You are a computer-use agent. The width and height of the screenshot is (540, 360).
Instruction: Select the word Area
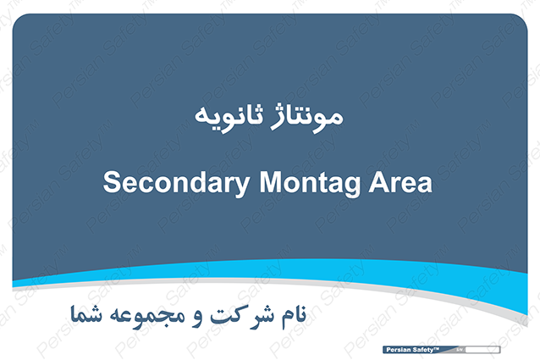(x=400, y=182)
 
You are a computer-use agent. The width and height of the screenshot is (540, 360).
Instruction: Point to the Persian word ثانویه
(x=229, y=116)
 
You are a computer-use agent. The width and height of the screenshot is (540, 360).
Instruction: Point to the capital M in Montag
(x=271, y=182)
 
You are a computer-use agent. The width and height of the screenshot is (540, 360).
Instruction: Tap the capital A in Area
(x=379, y=182)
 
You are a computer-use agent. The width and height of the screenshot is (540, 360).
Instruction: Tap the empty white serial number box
(x=482, y=350)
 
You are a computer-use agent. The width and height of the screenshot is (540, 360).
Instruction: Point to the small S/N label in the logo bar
(x=459, y=350)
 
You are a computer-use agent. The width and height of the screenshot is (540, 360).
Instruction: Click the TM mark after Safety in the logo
(x=437, y=349)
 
